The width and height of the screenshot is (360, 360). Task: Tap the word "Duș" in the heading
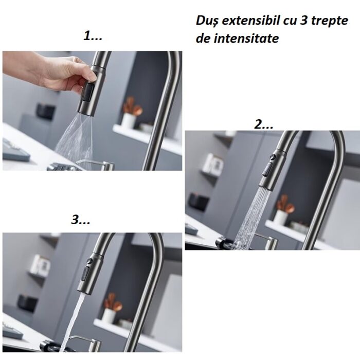click(207, 21)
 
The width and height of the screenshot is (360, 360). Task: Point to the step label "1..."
click(93, 36)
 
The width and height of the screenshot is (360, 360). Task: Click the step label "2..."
click(264, 124)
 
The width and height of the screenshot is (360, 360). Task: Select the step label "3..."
click(81, 219)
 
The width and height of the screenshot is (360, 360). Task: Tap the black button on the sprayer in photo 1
click(88, 92)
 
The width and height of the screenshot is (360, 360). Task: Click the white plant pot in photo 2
click(280, 218)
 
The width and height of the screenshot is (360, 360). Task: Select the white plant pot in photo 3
click(109, 316)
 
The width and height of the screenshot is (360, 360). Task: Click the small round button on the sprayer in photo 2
click(273, 157)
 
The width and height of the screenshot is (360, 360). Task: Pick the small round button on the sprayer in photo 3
click(89, 261)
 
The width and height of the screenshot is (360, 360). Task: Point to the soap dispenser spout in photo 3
click(78, 337)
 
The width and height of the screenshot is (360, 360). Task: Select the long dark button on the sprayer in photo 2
click(267, 169)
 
